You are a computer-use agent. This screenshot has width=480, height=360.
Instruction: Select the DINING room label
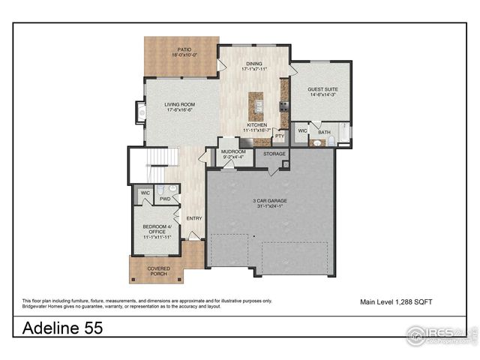253,65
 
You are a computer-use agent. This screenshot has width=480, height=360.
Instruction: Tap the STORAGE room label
274,154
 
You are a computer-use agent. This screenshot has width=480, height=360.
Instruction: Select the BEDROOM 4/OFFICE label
158,229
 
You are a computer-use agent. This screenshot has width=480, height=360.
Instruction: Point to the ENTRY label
194,218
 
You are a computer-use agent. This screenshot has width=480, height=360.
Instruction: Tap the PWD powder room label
164,199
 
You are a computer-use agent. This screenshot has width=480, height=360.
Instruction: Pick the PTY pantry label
279,136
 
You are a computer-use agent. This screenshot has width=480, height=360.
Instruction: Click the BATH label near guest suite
324,133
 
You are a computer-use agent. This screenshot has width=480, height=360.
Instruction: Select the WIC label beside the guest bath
301,130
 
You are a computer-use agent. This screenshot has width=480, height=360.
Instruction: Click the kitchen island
257,106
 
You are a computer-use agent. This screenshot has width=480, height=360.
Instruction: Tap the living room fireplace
140,112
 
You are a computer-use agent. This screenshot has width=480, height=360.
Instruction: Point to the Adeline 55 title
62,328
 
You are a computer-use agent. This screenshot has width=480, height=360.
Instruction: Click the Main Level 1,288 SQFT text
397,301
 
